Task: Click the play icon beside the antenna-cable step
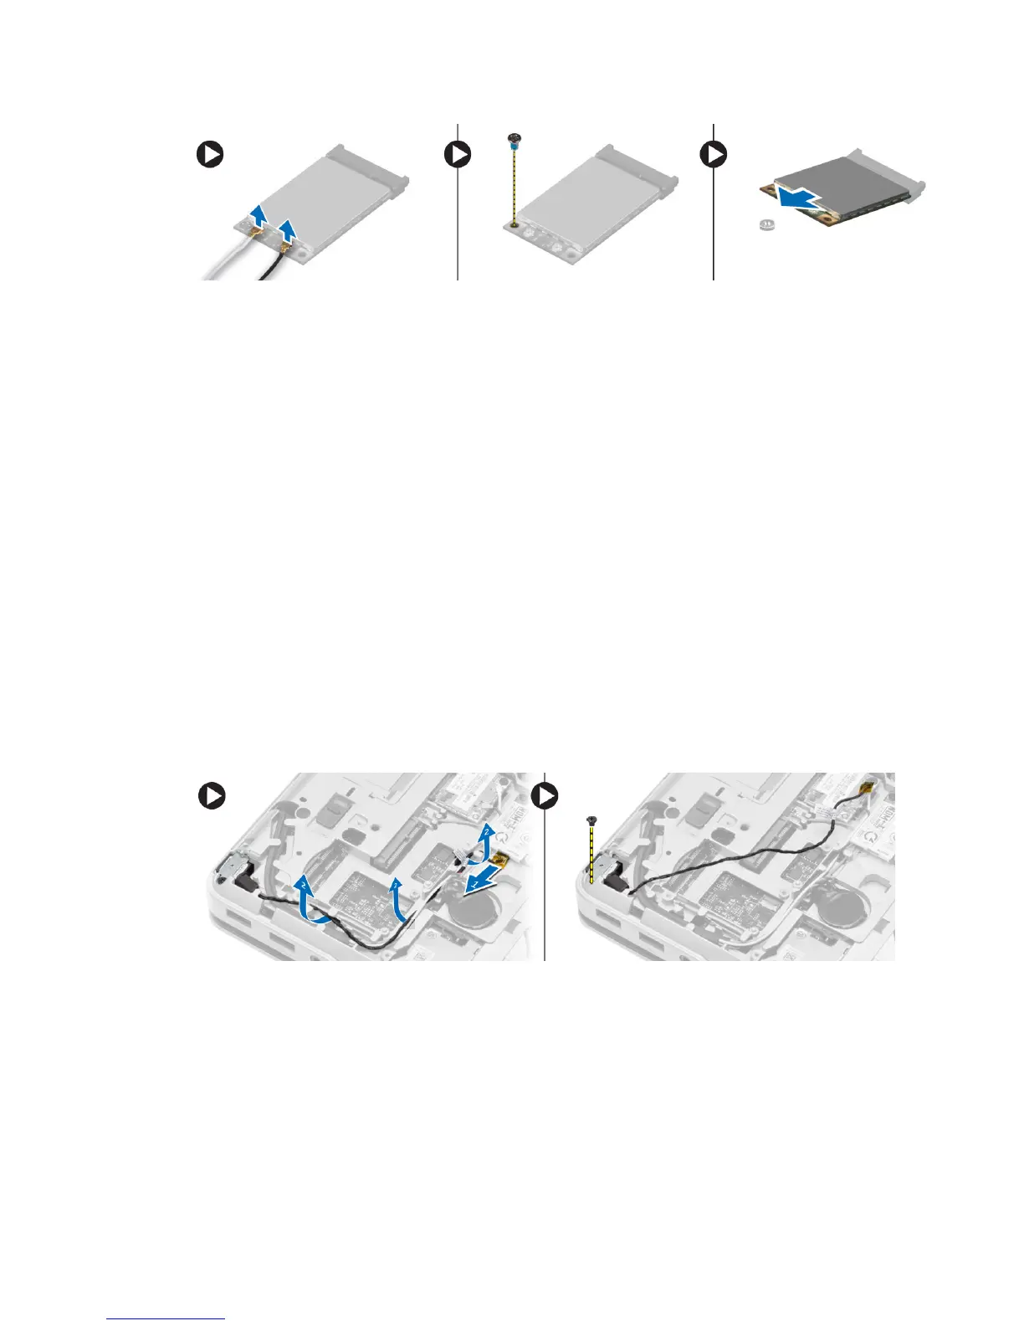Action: click(210, 155)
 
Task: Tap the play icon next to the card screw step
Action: click(458, 155)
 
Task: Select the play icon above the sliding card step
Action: click(714, 155)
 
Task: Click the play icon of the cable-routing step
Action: click(212, 795)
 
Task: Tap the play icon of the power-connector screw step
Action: click(547, 795)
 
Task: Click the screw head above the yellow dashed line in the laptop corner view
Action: click(591, 820)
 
